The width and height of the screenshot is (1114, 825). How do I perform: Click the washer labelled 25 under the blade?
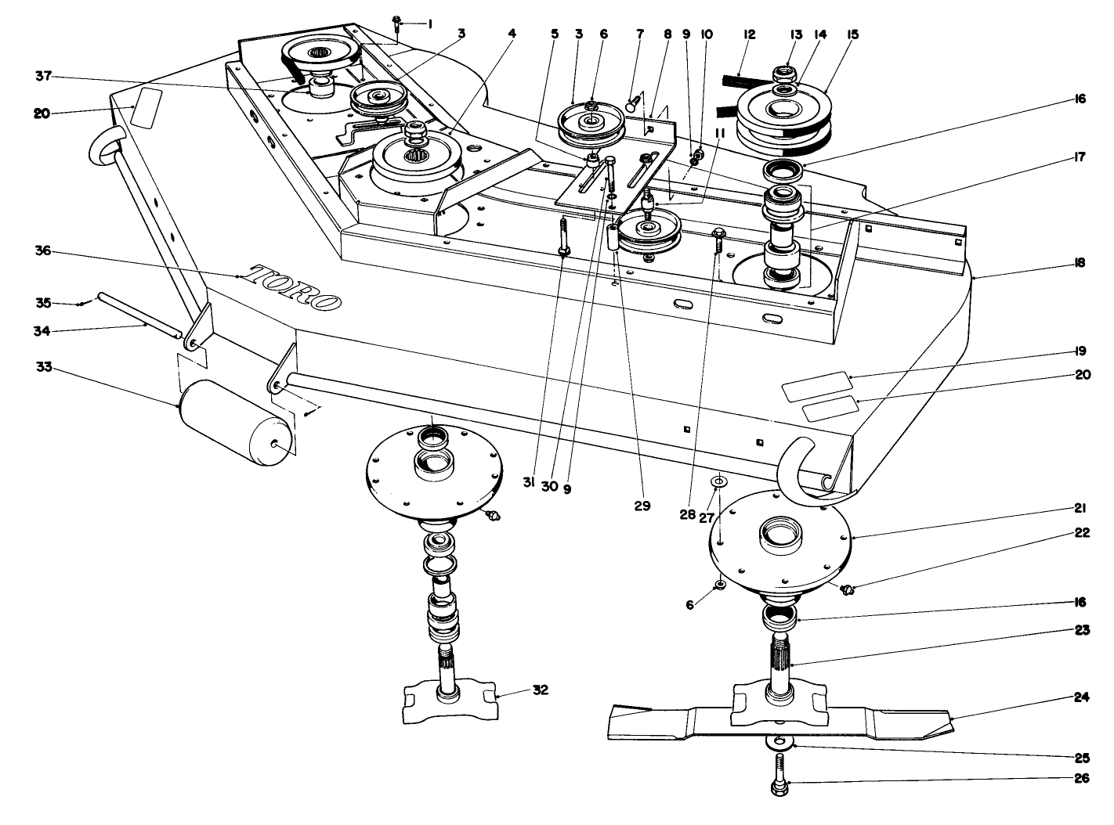[779, 740]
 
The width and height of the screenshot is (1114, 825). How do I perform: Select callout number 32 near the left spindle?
[540, 690]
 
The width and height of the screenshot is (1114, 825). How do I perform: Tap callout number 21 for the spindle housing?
[1082, 509]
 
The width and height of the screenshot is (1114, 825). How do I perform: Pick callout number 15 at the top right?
[852, 34]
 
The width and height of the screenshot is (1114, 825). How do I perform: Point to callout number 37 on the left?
[43, 76]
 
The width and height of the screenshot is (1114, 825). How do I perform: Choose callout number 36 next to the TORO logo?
[42, 251]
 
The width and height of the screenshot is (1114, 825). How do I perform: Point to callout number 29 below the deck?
[642, 506]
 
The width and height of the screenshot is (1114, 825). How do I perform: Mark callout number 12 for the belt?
[749, 34]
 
